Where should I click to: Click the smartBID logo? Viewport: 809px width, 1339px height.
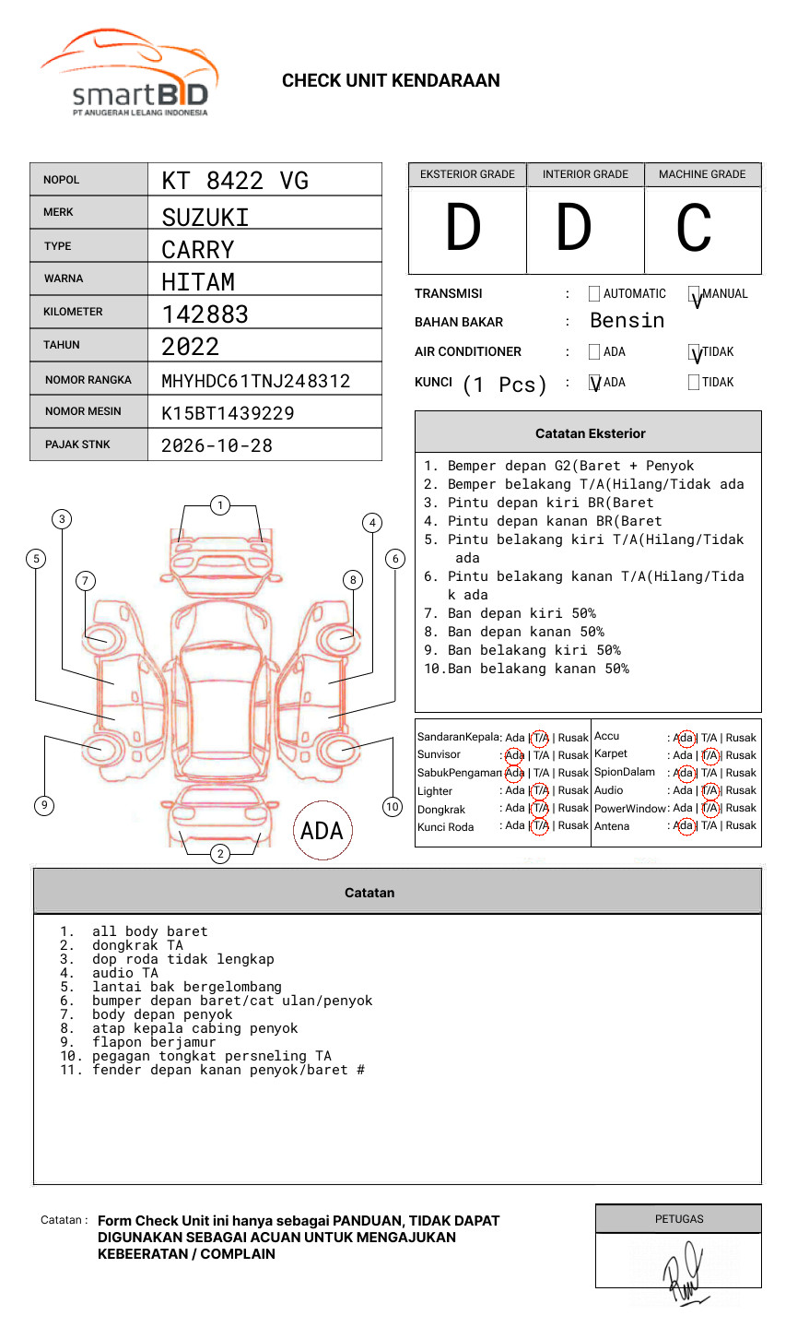tap(129, 74)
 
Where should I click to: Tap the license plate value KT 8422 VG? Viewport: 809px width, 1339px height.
tap(235, 181)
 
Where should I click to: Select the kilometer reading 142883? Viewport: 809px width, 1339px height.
tap(205, 314)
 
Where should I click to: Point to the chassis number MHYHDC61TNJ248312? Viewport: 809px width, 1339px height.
tap(255, 381)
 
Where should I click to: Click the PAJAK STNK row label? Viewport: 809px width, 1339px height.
tap(77, 444)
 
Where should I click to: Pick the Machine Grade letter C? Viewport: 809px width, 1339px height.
tap(694, 229)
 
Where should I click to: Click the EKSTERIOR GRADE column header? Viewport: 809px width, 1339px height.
tap(467, 174)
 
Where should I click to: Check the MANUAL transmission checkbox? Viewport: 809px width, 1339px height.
tap(694, 295)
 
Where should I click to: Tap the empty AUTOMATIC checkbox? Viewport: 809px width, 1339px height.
tap(594, 294)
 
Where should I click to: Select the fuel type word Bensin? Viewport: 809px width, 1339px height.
tap(627, 321)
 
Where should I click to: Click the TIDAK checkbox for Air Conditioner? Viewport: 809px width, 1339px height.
tap(694, 352)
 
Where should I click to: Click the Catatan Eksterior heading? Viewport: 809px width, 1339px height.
tap(590, 433)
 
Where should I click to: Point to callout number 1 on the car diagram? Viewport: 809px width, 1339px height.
tap(219, 505)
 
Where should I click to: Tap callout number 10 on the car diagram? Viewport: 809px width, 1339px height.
tap(393, 807)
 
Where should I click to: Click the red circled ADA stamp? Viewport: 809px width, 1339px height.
tap(322, 831)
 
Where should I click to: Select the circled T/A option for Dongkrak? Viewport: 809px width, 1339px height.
tap(540, 809)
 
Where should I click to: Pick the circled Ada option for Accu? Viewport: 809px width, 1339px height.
tap(685, 738)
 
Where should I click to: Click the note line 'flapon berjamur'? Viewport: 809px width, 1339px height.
tap(154, 1042)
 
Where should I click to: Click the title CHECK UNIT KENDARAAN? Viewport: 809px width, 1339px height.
tap(391, 81)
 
